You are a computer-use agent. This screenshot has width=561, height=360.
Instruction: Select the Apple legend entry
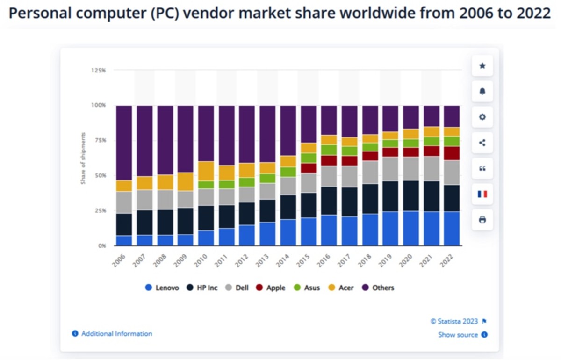point(271,288)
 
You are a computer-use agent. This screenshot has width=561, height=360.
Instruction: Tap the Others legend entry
point(378,288)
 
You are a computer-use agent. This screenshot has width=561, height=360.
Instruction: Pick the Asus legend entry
point(307,288)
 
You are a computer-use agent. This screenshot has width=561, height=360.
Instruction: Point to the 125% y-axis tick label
point(98,70)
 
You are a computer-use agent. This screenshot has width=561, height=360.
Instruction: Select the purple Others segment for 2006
point(124,143)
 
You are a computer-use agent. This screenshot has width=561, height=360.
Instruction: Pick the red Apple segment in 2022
point(452,153)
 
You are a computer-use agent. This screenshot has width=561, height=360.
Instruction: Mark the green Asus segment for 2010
point(206,185)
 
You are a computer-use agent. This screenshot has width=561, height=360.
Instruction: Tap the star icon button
point(482,66)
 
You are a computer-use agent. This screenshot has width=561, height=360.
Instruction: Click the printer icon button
point(482,219)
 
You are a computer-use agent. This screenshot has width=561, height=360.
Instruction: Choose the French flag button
point(482,194)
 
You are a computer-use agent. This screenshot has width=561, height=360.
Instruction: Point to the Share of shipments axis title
point(84,158)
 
